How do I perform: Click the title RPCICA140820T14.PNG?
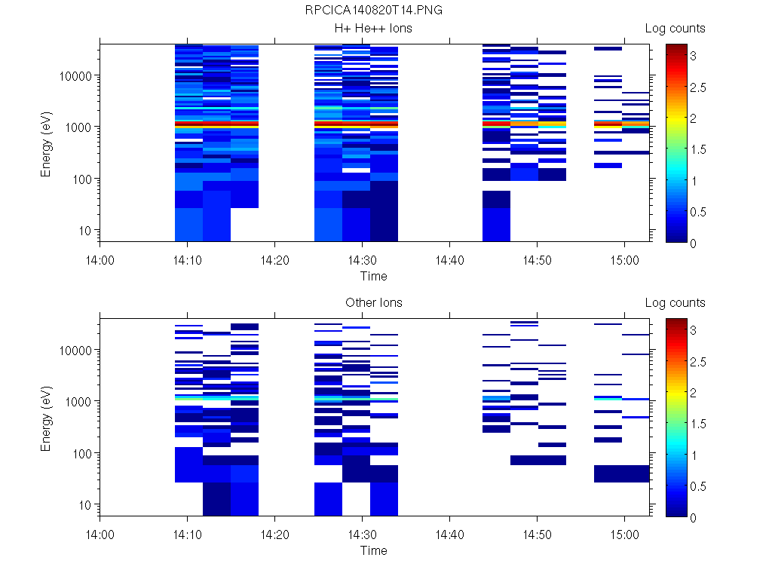pos(373,11)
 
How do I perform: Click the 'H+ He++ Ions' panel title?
pos(373,29)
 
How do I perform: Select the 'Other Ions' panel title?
pos(373,303)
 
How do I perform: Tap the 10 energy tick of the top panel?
pos(85,230)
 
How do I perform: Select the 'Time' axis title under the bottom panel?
pos(373,550)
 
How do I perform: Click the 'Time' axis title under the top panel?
pos(373,276)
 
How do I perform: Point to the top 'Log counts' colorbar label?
pos(675,29)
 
